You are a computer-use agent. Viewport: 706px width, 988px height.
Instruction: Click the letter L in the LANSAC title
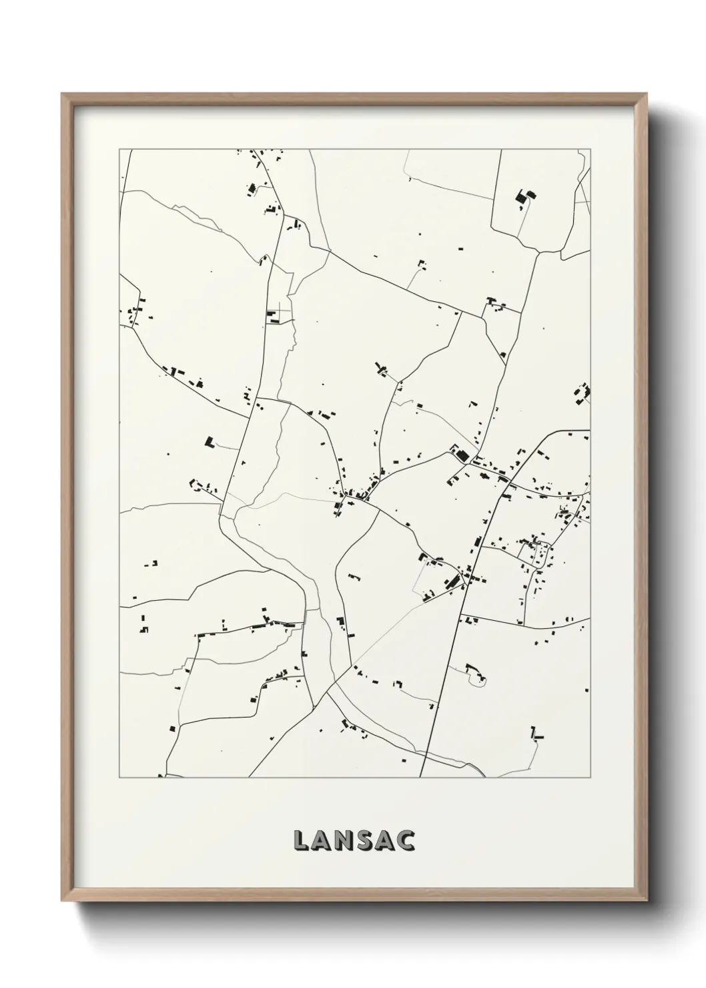click(300, 841)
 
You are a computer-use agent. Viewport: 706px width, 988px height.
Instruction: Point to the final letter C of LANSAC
click(406, 841)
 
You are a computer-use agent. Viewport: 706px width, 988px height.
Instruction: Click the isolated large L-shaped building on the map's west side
click(210, 441)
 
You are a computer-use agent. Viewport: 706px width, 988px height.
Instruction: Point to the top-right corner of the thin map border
click(591, 150)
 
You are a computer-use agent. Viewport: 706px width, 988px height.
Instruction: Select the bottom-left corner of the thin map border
click(119, 778)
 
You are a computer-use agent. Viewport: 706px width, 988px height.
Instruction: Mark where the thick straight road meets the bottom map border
click(421, 777)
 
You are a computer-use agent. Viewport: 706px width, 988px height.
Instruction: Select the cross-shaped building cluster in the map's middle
click(382, 368)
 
